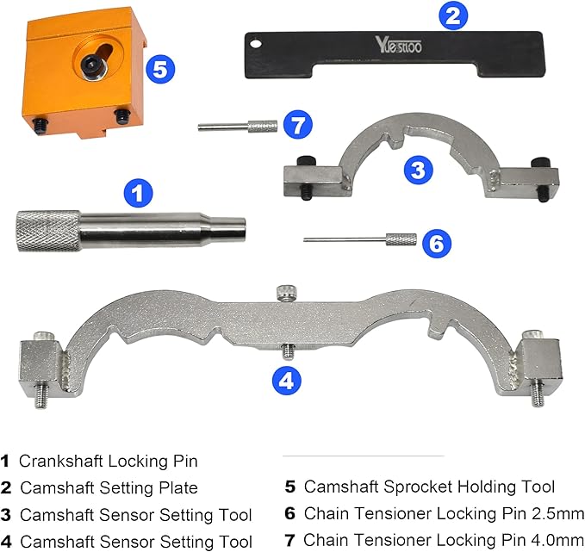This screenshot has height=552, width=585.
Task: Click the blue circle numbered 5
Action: pyautogui.click(x=159, y=69)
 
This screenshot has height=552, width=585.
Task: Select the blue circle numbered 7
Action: pyautogui.click(x=297, y=126)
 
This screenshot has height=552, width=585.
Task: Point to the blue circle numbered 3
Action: pyautogui.click(x=418, y=170)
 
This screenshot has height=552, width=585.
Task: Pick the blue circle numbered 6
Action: pyautogui.click(x=437, y=243)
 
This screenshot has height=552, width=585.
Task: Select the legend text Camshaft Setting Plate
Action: pyautogui.click(x=109, y=488)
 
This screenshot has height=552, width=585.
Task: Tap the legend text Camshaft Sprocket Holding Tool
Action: pyautogui.click(x=429, y=488)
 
